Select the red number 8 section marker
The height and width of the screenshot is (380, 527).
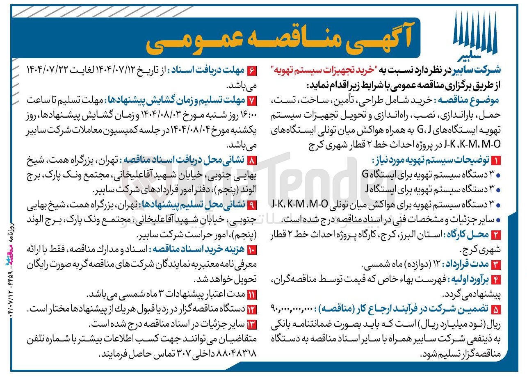point(252,160)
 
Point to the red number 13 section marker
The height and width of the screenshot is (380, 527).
point(252,324)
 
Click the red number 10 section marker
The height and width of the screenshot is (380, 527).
point(252,250)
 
